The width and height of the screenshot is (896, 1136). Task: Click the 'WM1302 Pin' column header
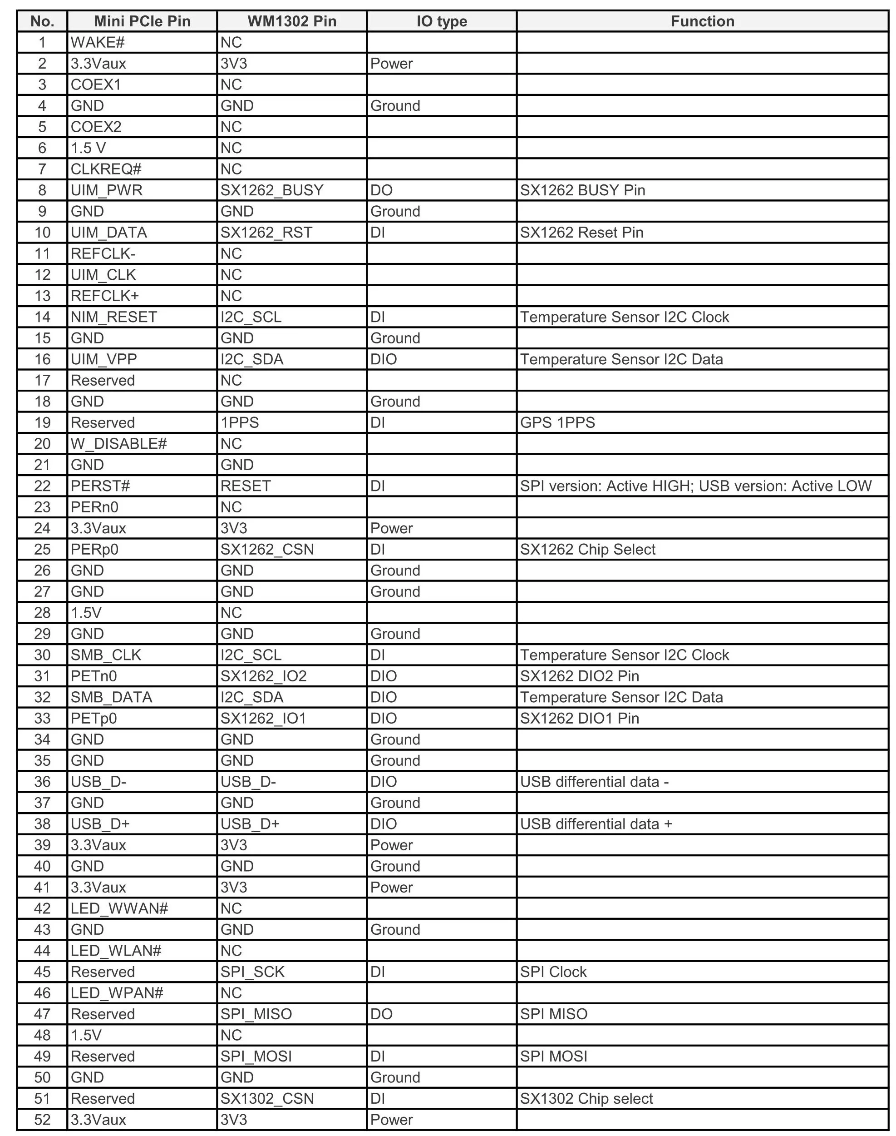click(292, 21)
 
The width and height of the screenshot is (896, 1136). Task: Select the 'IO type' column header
click(442, 21)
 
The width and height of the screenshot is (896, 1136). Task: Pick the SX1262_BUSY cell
click(272, 190)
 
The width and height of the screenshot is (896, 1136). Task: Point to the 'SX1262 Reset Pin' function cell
click(582, 233)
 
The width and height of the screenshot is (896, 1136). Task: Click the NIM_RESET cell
click(114, 317)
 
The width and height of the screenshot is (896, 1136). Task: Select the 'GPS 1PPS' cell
click(558, 422)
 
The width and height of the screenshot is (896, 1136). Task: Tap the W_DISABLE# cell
click(118, 444)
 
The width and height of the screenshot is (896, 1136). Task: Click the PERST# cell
click(100, 486)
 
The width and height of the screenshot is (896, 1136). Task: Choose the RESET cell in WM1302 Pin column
click(246, 486)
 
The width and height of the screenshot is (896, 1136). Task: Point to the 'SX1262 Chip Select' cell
click(587, 550)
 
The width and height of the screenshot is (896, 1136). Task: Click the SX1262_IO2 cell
click(263, 676)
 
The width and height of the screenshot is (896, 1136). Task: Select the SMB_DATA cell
click(111, 697)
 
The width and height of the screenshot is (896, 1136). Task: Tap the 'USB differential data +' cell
click(596, 824)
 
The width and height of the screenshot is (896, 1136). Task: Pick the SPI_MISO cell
click(256, 1014)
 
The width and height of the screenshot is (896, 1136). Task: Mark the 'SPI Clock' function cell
click(553, 972)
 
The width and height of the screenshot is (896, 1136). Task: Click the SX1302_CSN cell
click(267, 1099)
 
